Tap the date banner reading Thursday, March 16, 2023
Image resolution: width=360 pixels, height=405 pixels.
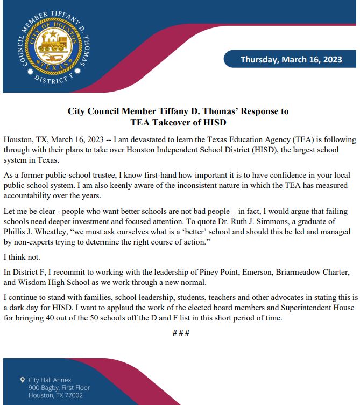point(291,59)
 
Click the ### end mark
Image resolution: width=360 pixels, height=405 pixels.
point(180,333)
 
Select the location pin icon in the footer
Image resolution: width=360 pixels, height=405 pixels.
point(22,380)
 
